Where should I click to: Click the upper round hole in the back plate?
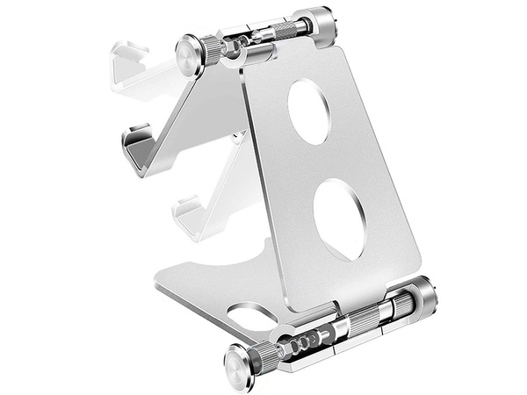pyautogui.click(x=309, y=111)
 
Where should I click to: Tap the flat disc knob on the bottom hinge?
pyautogui.click(x=239, y=361)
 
